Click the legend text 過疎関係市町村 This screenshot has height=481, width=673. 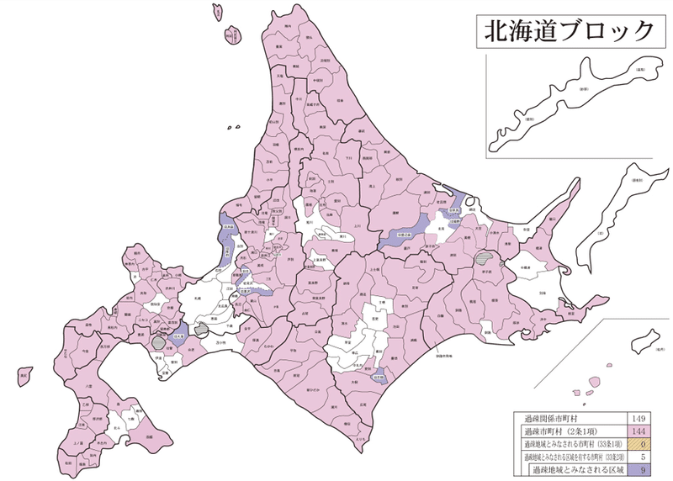tap(548, 416)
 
